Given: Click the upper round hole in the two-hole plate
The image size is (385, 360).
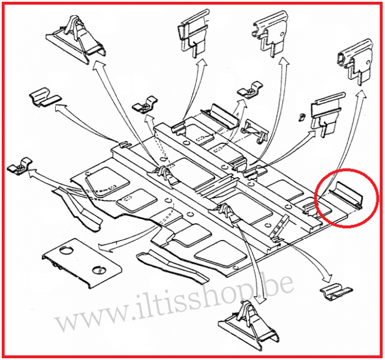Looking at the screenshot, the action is [x=66, y=251].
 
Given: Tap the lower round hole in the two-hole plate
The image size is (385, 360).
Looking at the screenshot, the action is [x=99, y=269].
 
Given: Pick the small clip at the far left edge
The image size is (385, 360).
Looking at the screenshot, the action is [x=20, y=166].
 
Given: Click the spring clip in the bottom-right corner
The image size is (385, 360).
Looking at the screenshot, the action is [x=336, y=292].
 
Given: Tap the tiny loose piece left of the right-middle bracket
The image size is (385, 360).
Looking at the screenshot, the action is [x=301, y=117].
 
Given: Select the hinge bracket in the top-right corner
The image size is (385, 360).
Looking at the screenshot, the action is [x=356, y=61].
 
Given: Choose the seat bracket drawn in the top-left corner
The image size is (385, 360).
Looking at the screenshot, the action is [x=76, y=40].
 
